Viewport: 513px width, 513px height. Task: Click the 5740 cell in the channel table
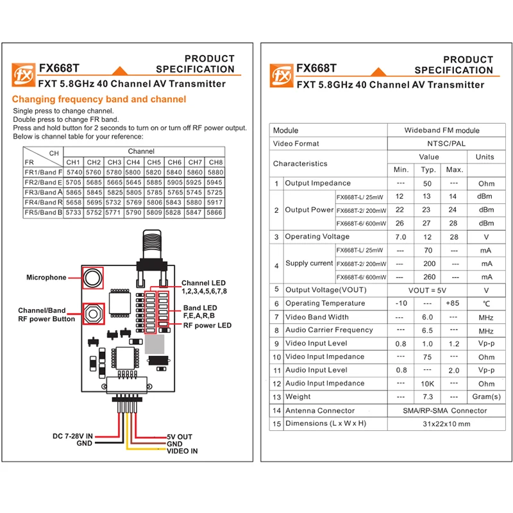74,172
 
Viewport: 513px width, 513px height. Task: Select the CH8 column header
215,162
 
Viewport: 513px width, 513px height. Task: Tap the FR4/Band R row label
43,203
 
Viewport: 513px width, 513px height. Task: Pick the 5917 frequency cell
215,203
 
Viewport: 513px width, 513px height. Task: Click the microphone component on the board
93,278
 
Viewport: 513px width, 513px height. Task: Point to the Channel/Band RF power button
93,314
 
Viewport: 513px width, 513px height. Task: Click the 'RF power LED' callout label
207,326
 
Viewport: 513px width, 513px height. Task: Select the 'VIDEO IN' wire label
182,451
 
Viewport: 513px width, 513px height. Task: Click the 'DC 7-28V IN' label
72,436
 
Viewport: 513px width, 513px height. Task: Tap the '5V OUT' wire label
180,437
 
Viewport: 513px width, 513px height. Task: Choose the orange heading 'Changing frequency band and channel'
99,99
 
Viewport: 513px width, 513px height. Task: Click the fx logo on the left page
23,75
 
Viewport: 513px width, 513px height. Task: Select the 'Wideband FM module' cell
442,130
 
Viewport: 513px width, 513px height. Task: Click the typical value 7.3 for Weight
428,397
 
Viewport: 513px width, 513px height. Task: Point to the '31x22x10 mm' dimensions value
446,424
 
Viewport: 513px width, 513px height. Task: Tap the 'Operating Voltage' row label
317,237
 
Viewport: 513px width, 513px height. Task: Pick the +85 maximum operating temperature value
453,303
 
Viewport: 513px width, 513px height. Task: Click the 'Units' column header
485,157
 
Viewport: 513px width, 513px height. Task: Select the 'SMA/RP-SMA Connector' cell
445,410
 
